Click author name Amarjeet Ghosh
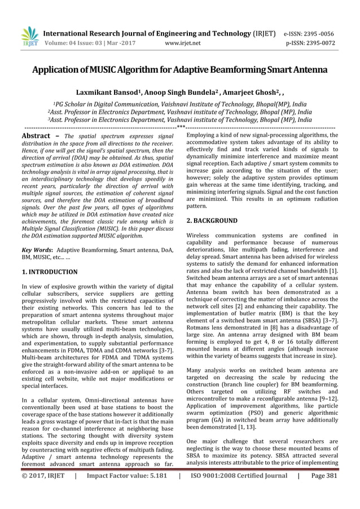pyautogui.click(x=243, y=92)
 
